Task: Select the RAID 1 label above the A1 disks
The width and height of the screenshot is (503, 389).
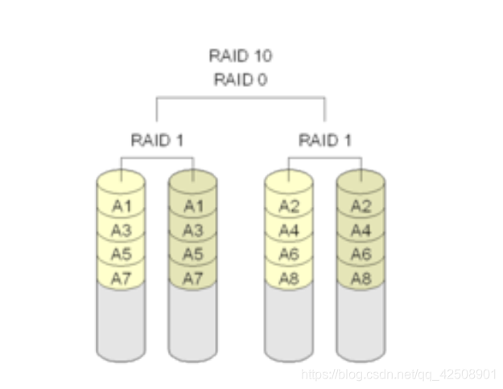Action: coord(157,140)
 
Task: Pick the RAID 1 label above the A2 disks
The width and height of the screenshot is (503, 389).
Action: coord(324,140)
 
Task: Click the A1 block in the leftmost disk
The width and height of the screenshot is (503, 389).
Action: coord(122,206)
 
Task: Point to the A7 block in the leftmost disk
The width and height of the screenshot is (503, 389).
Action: coord(122,278)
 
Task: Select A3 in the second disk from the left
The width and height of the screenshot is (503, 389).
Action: coord(193,230)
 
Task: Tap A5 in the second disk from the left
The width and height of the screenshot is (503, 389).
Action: coord(193,255)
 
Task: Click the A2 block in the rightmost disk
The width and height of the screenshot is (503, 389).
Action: coord(361,206)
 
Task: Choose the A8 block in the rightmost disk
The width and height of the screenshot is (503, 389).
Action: coord(361,278)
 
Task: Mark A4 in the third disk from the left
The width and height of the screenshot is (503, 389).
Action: coord(289,230)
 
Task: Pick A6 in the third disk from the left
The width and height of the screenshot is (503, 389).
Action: coord(289,255)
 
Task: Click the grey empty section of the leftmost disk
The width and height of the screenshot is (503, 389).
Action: coord(122,322)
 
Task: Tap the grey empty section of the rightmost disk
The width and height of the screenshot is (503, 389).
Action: coord(361,322)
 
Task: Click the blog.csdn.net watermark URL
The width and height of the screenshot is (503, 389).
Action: coord(398,375)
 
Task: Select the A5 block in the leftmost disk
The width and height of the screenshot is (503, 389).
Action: coord(122,255)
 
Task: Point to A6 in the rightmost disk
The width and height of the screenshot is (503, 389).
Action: coord(361,255)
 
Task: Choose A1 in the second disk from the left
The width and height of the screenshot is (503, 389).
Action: coord(193,206)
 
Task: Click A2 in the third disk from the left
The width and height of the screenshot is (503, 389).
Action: coord(289,206)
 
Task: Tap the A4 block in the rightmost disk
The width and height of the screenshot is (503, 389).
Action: coord(361,230)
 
